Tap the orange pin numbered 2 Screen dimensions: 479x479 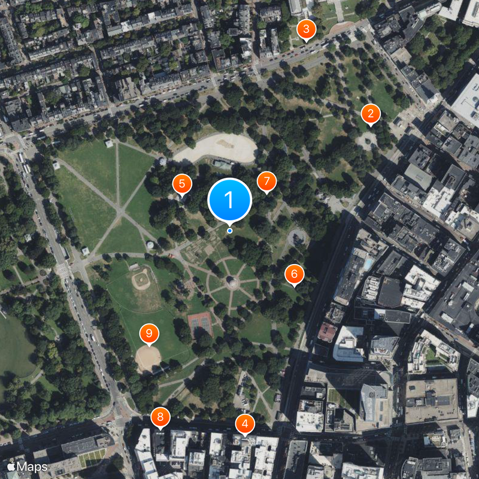pos(371,114)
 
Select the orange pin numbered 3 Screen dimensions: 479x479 pos(306,29)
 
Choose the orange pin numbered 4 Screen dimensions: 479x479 pos(244,424)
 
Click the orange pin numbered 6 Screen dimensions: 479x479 pos(294,274)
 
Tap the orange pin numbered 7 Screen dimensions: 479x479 pos(267,181)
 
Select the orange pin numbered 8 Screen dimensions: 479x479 pos(160,417)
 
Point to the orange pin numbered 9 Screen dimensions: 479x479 pos(149,333)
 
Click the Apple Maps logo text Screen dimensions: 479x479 pos(28,466)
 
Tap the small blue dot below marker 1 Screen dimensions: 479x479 pos(229,231)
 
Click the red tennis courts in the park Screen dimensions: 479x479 pos(201,325)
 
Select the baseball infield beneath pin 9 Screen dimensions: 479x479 pos(148,358)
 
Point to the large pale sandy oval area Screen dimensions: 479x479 pos(216,148)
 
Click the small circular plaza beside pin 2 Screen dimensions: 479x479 pos(366,141)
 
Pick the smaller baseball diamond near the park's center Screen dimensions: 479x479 pos(141,279)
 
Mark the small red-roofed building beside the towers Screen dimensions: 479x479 pos(327,332)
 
